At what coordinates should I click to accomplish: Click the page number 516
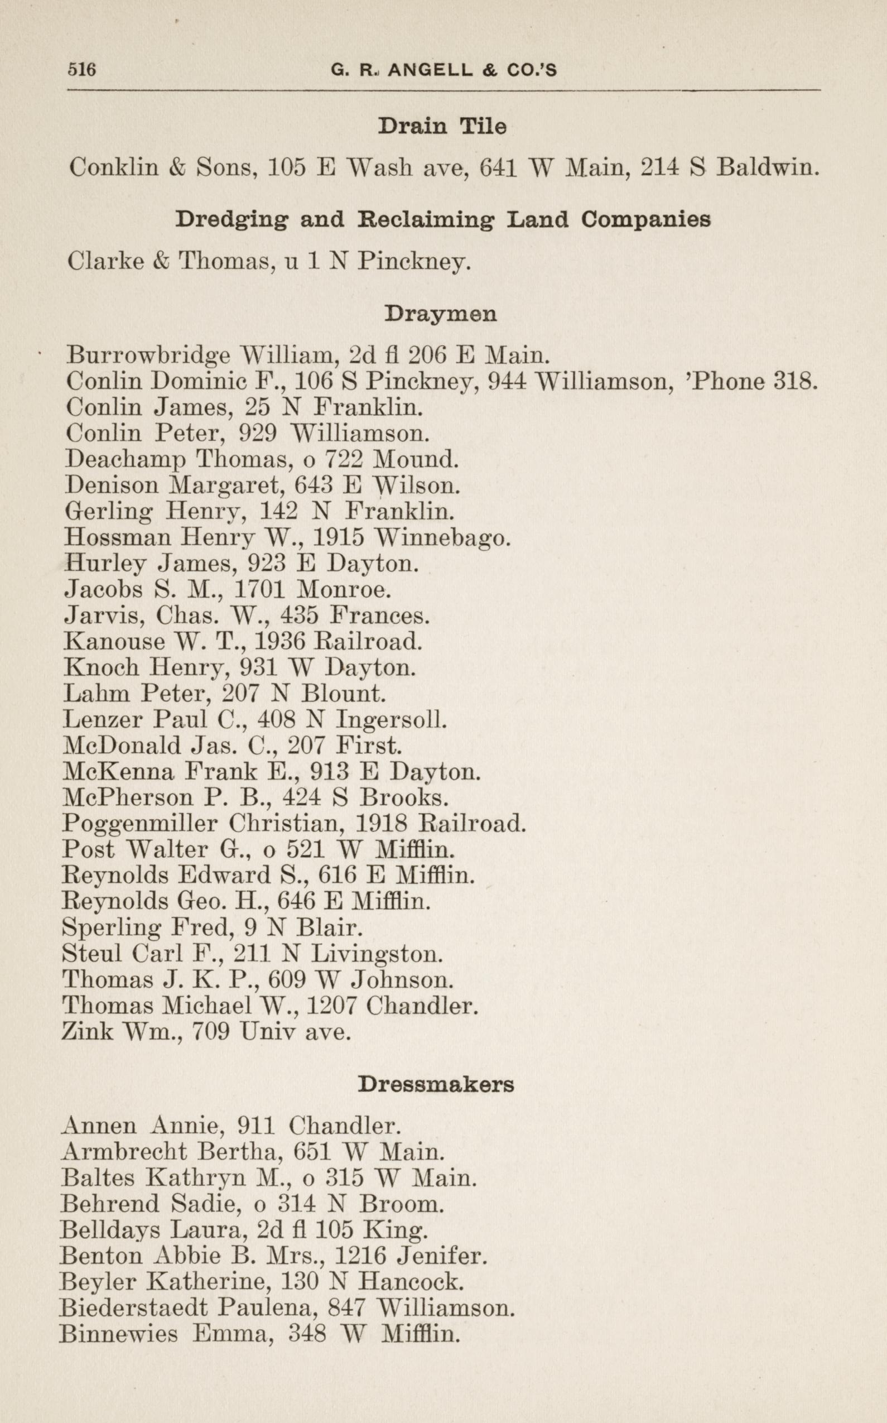coord(81,70)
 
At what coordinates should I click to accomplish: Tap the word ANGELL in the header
coord(430,70)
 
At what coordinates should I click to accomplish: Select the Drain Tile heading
coord(442,126)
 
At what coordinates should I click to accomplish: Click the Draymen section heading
coord(441,314)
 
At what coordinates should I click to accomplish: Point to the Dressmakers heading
coord(436,1084)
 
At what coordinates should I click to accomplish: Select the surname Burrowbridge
coord(148,355)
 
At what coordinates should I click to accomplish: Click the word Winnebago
coord(442,537)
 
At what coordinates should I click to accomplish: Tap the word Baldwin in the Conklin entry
coord(767,169)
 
